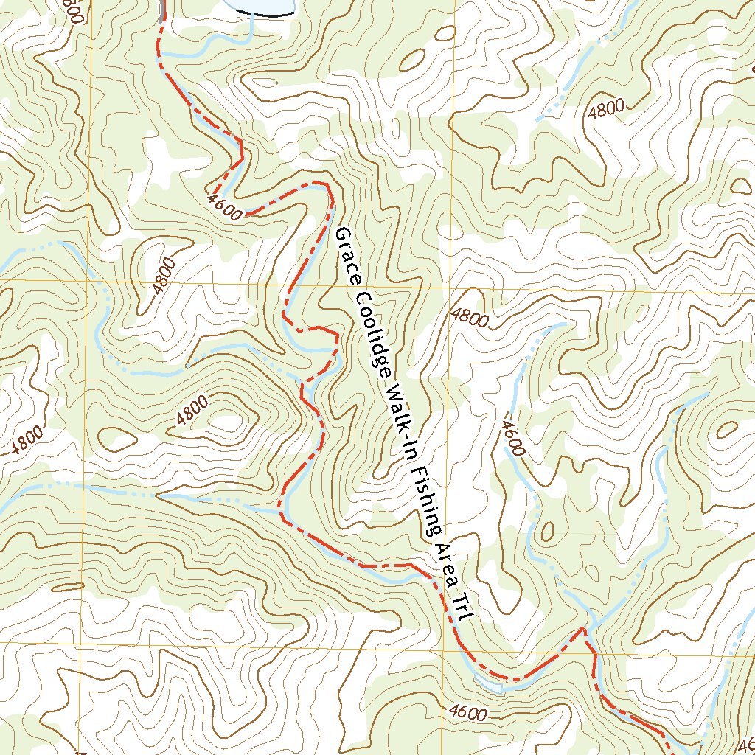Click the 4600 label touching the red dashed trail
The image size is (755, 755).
[226, 207]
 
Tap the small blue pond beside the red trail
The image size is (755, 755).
[490, 683]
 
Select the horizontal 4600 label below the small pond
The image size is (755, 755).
[467, 713]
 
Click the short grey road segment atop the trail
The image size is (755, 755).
[160, 10]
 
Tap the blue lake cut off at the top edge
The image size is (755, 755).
[262, 6]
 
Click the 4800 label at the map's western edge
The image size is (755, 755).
[27, 439]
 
